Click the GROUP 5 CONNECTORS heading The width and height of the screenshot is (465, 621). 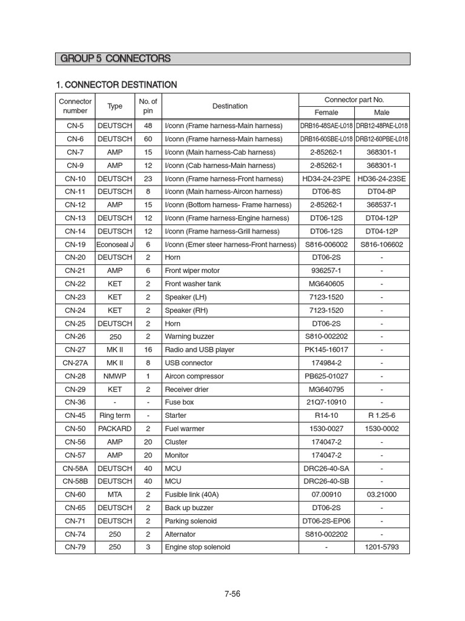(x=115, y=59)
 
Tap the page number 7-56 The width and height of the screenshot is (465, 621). (x=232, y=594)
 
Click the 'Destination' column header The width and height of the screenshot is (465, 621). (x=230, y=106)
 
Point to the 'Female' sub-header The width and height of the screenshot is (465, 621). (x=326, y=113)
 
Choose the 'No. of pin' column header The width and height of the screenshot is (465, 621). (x=148, y=106)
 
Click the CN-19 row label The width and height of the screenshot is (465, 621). (x=75, y=244)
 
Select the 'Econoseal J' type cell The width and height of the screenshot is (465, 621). (x=114, y=244)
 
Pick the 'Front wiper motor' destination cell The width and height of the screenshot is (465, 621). (x=193, y=270)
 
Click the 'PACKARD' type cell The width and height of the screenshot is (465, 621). (x=114, y=429)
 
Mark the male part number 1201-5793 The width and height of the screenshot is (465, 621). (x=382, y=547)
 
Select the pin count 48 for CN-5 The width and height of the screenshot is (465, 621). (x=148, y=126)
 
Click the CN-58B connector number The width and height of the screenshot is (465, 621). (x=75, y=482)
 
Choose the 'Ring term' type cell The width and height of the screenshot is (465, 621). (x=114, y=415)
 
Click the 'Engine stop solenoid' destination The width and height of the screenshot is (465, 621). (x=197, y=547)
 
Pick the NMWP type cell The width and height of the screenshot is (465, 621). (x=114, y=376)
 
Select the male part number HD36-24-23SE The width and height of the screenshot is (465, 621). (x=382, y=179)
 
